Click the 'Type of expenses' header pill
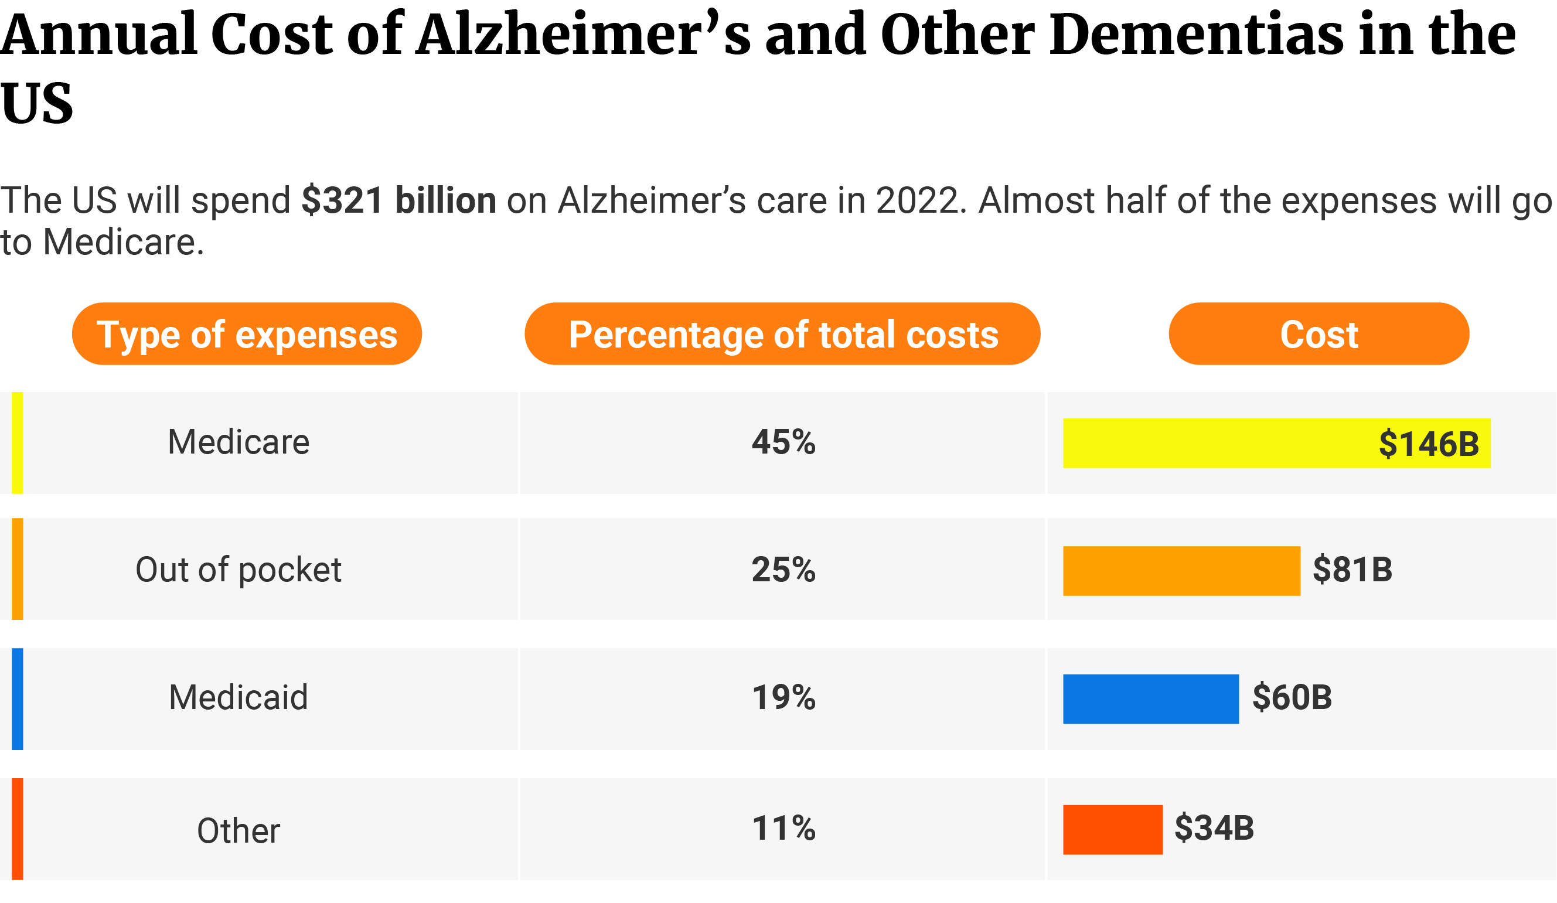tap(247, 334)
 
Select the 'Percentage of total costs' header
tap(782, 334)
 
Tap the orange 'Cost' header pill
tap(1318, 334)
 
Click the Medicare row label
tap(239, 442)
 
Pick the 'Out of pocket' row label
tap(239, 570)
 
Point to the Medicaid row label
tap(239, 697)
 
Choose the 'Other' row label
tap(239, 831)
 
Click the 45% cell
tap(783, 442)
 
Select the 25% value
tap(783, 570)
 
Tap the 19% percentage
tap(783, 697)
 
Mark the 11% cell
tap(783, 828)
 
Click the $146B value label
tap(1429, 444)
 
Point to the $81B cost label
tap(1352, 570)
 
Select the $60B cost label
tap(1292, 697)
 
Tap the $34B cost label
tap(1214, 828)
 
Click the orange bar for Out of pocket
tap(1181, 571)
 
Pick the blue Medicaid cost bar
tap(1150, 698)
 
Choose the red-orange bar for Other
tap(1112, 830)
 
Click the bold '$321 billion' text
tap(398, 200)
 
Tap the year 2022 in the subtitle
tap(917, 200)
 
